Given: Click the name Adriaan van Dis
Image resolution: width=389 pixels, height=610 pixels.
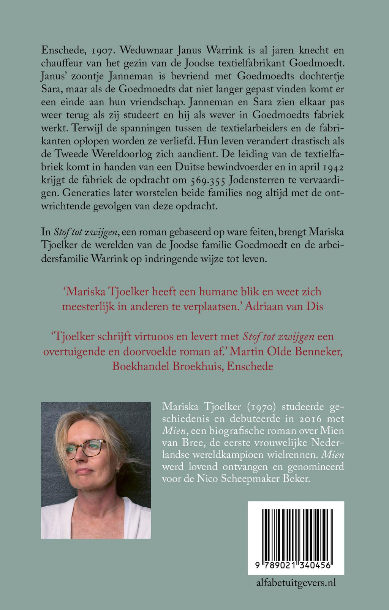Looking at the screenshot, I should point(284,307).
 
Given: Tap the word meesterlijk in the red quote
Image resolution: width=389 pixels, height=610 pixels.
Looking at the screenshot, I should point(88,307).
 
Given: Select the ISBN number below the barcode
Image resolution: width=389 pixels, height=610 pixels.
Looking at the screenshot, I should point(296,566).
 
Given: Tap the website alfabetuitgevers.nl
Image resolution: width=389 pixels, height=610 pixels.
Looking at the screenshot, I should point(296,583).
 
